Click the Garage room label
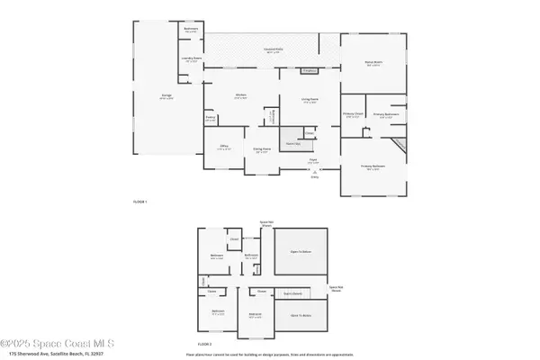(x=166, y=98)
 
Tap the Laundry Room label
(x=191, y=60)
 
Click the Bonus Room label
(x=373, y=63)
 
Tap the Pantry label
(x=210, y=117)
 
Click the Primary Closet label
(x=353, y=114)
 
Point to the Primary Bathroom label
(x=385, y=114)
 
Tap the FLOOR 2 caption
(x=204, y=343)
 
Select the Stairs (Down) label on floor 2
(x=293, y=292)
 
